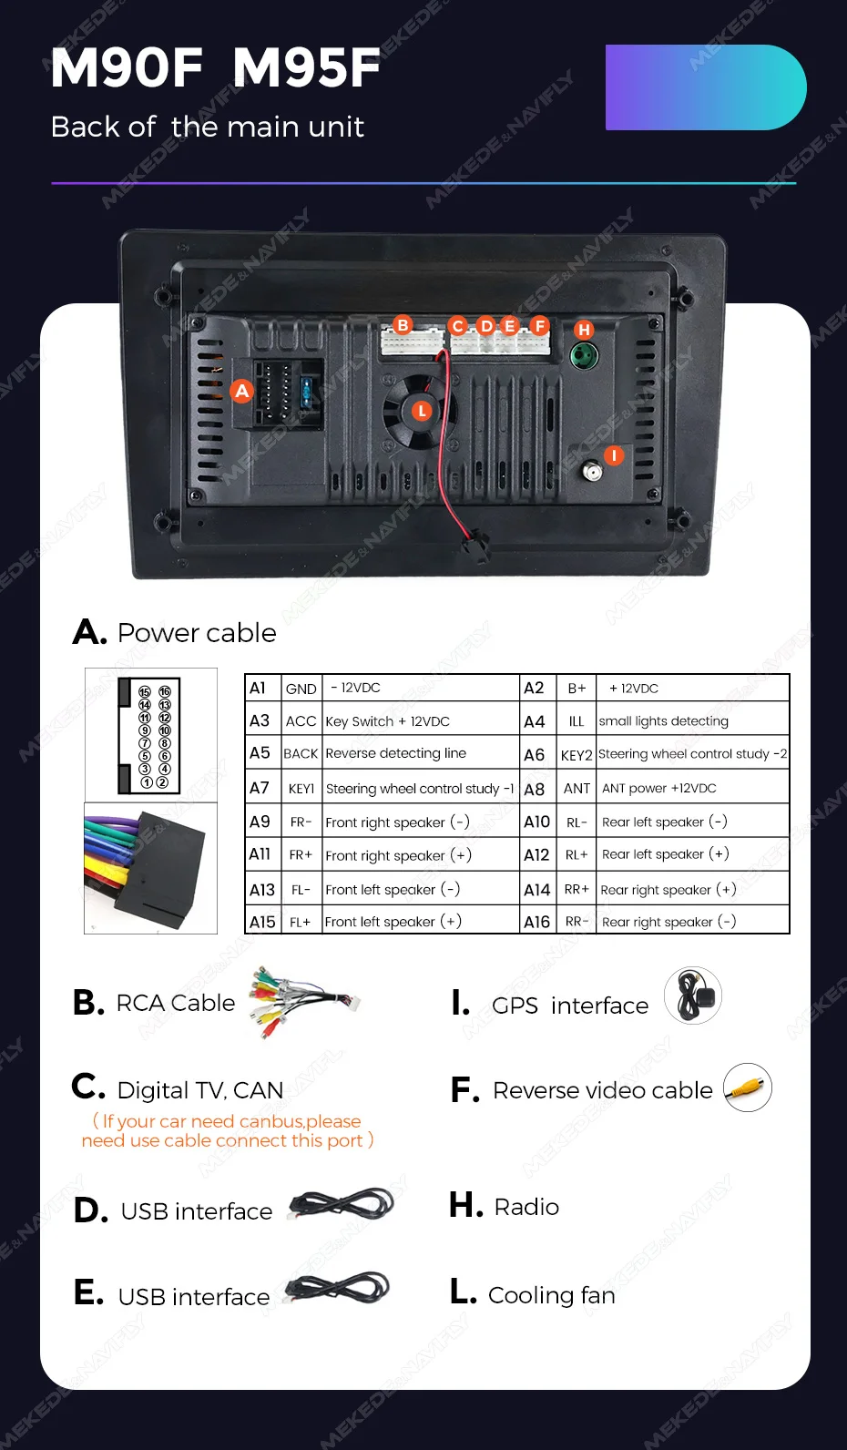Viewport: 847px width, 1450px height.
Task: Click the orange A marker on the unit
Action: point(241,391)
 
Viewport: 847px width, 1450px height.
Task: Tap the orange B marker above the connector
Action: point(403,324)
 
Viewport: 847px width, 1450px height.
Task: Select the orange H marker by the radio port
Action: point(584,330)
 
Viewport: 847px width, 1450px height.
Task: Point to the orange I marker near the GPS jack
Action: point(615,454)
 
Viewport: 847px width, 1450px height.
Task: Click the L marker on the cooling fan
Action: point(422,411)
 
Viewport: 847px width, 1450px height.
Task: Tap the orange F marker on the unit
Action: point(540,325)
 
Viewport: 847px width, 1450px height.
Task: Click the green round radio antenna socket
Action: point(583,355)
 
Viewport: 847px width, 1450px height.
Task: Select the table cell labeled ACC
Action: point(301,721)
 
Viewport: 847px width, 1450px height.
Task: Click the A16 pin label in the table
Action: point(536,922)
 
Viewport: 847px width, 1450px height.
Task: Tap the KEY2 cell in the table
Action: point(577,755)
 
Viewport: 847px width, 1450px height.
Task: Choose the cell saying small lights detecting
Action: point(664,721)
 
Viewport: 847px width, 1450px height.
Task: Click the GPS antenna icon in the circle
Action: point(693,996)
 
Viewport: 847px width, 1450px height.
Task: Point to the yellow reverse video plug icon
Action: point(748,1087)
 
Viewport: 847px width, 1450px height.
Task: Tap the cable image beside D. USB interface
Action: point(342,1206)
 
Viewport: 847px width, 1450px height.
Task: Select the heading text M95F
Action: point(306,68)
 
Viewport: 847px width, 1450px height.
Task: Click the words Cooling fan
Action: point(552,1295)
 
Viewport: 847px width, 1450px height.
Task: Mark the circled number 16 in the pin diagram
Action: point(165,692)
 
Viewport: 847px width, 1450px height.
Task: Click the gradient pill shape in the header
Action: point(705,87)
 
